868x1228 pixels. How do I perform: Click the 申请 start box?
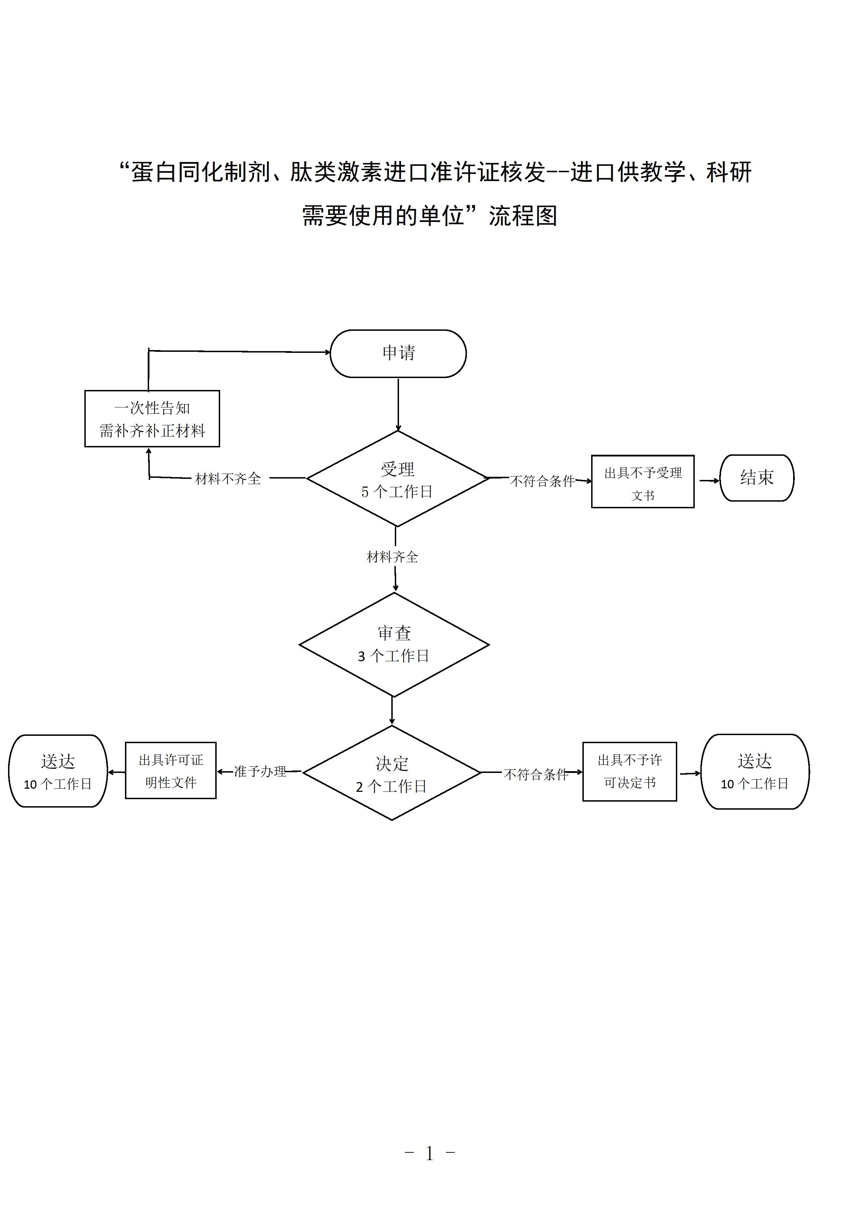click(x=398, y=354)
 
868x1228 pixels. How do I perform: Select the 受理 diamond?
click(x=397, y=479)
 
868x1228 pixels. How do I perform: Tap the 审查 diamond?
click(x=394, y=644)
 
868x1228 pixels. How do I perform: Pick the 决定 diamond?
click(x=392, y=773)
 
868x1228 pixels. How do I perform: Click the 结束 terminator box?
click(x=757, y=477)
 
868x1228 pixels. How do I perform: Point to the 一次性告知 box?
click(x=152, y=419)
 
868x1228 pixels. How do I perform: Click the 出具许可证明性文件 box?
click(x=170, y=771)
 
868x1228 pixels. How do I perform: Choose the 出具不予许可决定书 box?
click(x=629, y=771)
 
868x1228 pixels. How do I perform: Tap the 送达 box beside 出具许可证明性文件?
click(x=58, y=771)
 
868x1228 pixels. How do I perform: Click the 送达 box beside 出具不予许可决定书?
click(x=755, y=771)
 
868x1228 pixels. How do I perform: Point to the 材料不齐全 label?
click(x=228, y=479)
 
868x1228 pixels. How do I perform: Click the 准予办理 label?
click(x=260, y=771)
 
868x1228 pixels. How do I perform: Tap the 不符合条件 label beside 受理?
click(x=542, y=481)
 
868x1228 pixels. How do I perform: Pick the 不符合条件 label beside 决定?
click(x=536, y=774)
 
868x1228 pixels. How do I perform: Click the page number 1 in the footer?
click(x=429, y=1153)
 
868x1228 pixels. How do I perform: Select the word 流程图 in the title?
click(x=523, y=216)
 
